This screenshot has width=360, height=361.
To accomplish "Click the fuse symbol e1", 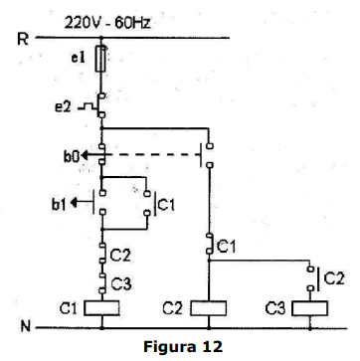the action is [x=101, y=59].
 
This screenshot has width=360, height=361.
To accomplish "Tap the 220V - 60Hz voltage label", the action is [x=107, y=24].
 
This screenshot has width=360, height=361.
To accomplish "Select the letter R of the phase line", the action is [x=23, y=40].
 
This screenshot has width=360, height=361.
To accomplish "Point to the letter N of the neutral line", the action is [x=26, y=327].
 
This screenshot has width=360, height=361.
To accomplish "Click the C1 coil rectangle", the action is [x=101, y=308].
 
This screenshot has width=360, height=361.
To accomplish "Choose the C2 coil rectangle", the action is [x=209, y=308].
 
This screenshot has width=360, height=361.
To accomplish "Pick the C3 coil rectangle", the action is [x=310, y=308].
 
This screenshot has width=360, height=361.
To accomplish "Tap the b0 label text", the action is [x=72, y=156].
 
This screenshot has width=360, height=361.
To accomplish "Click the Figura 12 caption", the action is [x=183, y=346].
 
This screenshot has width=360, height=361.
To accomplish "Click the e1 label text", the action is [x=80, y=59].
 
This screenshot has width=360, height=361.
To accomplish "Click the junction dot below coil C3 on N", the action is [x=310, y=328].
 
